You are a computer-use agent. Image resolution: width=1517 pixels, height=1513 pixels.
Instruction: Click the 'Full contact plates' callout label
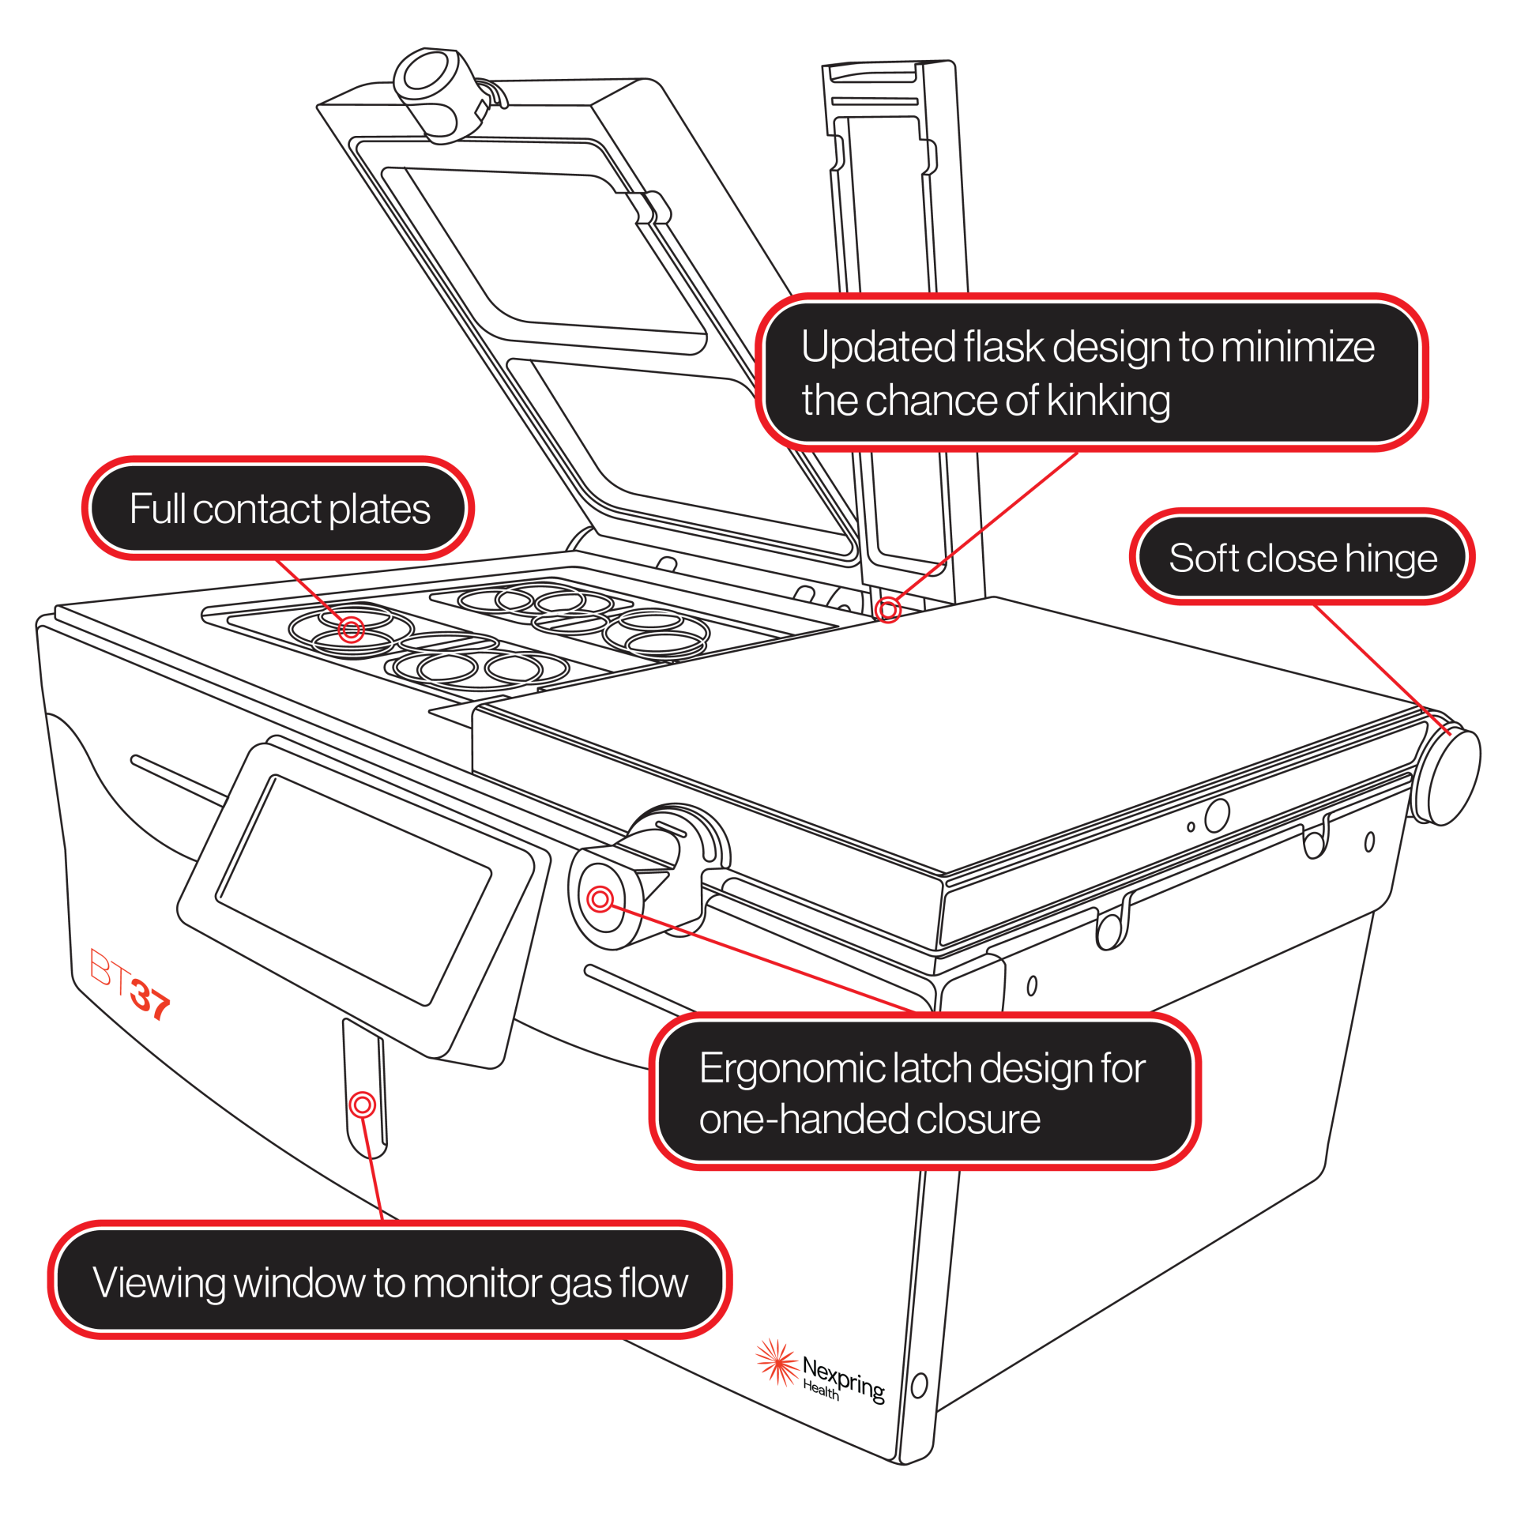pyautogui.click(x=278, y=508)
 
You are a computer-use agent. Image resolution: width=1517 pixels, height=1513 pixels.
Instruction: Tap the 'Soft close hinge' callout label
pyautogui.click(x=1301, y=558)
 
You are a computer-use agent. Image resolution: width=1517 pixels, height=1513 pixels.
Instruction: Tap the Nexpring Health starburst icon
pyautogui.click(x=776, y=1361)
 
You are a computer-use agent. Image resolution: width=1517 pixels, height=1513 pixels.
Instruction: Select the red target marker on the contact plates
pyautogui.click(x=351, y=629)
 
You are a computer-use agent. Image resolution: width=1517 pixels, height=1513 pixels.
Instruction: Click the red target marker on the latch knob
pyautogui.click(x=600, y=898)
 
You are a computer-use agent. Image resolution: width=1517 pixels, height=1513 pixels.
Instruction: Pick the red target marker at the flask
pyautogui.click(x=888, y=609)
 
